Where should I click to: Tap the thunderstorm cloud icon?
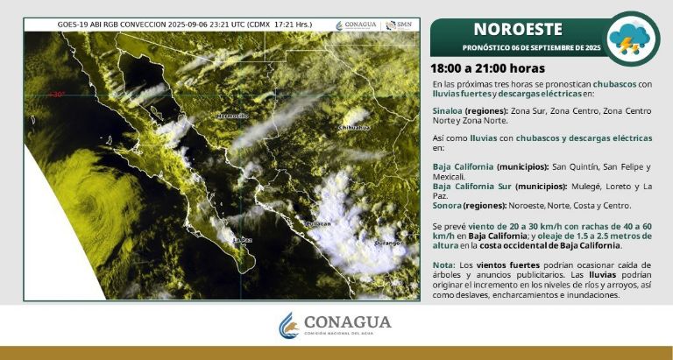click(x=634, y=36)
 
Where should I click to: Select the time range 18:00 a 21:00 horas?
click(x=487, y=68)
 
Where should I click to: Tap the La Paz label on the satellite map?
click(x=242, y=238)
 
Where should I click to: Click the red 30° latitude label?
click(x=58, y=95)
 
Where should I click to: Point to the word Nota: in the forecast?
click(x=443, y=265)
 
